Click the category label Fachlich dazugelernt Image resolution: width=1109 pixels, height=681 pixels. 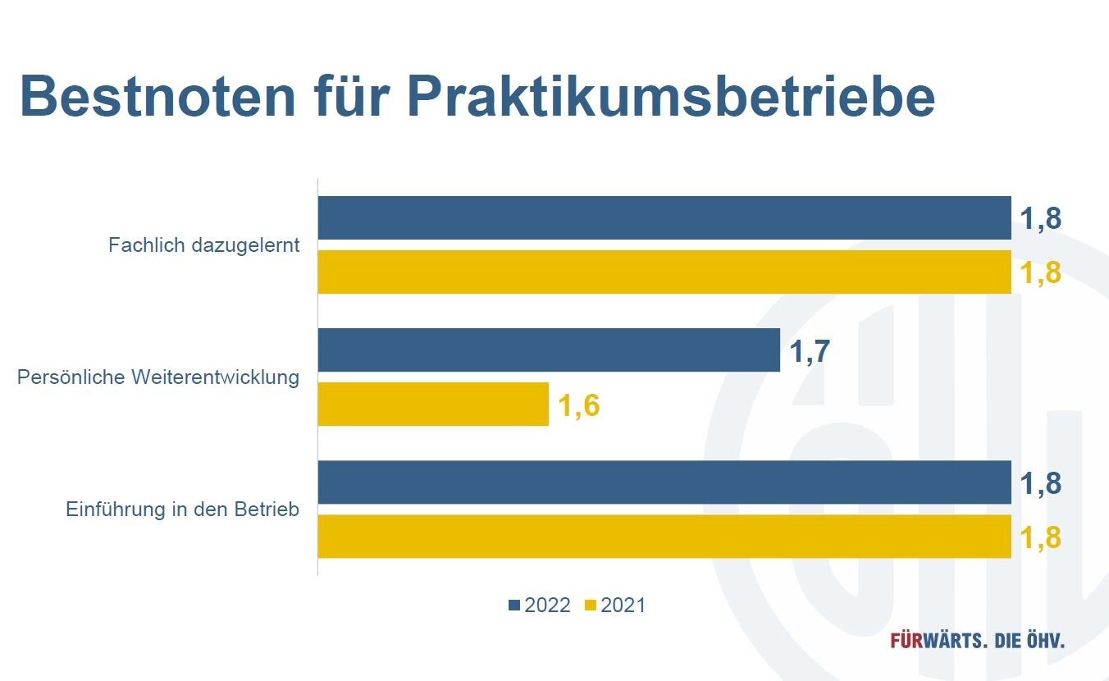203,245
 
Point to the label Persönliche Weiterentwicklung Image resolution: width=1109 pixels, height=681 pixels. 158,377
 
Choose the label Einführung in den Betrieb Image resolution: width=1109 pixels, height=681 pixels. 182,510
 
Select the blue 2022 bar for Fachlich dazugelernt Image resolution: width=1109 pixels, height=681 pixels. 664,218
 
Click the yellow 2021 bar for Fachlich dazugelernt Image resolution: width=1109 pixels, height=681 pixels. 664,272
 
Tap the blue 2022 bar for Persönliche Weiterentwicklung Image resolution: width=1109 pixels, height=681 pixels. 548,350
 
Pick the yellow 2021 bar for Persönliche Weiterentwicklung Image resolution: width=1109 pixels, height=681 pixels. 432,404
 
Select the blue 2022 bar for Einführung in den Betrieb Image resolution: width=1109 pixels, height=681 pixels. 664,482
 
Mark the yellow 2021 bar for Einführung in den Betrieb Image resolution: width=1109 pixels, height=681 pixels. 664,537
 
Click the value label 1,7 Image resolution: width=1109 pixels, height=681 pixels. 810,351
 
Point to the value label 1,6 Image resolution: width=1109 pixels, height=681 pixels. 579,405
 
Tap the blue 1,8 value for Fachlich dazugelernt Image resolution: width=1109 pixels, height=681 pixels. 1040,219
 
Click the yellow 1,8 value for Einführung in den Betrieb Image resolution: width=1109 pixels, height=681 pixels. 1040,537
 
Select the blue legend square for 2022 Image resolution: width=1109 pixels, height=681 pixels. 514,606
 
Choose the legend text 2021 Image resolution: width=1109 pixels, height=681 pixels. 623,606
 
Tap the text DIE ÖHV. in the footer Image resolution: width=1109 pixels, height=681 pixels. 1029,640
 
